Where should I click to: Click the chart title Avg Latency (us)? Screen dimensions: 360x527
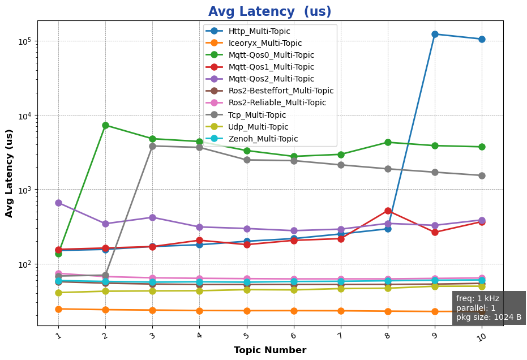point(269,12)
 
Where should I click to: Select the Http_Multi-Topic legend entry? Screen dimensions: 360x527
point(259,31)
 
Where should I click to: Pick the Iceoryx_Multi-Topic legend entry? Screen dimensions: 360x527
point(265,43)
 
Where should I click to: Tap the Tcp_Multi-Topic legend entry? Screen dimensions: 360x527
point(256,115)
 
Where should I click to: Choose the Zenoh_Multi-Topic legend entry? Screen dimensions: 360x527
point(263,139)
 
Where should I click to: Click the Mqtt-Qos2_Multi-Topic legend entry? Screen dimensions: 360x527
point(271,79)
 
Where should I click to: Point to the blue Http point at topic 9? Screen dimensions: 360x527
point(435,35)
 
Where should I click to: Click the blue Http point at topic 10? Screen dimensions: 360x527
point(482,39)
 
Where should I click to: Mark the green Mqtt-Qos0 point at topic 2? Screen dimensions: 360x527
point(105,125)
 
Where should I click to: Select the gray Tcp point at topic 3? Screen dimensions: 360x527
point(152,146)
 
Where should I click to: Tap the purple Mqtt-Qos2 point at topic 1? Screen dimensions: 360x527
point(58,203)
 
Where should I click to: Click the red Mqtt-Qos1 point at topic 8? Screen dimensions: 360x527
point(388,211)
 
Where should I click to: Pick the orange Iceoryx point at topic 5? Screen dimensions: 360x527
point(246,311)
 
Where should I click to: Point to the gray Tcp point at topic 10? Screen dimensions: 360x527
point(482,175)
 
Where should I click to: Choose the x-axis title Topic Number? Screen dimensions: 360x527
point(270,350)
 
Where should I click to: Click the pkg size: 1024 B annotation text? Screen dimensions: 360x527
point(489,317)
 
